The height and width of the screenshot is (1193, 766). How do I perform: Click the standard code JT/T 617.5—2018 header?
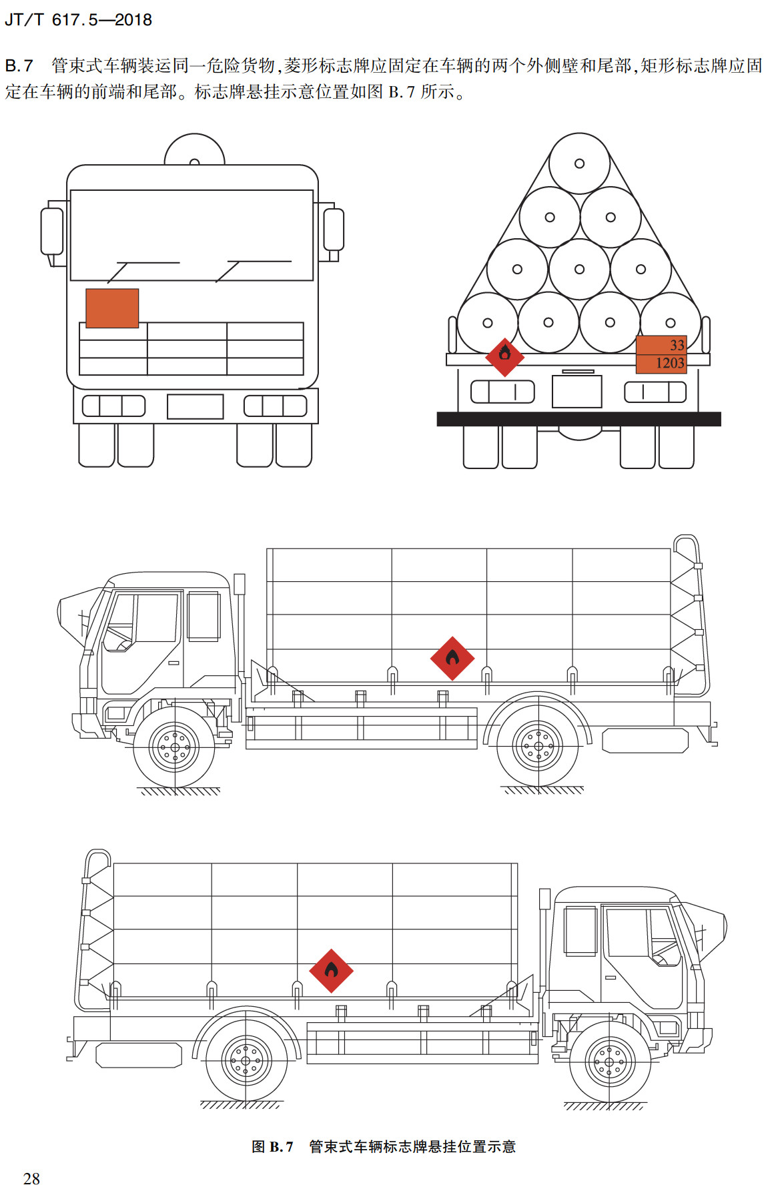tap(78, 19)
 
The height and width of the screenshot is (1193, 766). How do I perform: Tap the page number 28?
tap(31, 1178)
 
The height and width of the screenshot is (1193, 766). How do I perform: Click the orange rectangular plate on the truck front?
tap(112, 308)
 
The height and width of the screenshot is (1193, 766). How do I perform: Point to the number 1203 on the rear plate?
tap(669, 364)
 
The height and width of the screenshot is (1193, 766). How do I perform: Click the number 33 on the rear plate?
tap(677, 345)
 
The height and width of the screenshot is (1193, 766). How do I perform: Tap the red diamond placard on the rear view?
tap(504, 356)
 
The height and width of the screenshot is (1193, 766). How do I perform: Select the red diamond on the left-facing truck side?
tap(452, 659)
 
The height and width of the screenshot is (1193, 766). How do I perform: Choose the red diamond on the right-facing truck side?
tap(331, 971)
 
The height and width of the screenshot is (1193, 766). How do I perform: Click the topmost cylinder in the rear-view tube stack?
tap(579, 163)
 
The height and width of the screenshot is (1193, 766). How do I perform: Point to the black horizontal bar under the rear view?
tap(579, 419)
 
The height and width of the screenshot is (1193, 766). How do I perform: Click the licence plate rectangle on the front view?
tap(195, 406)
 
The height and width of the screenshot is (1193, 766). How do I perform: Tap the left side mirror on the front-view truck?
tap(52, 231)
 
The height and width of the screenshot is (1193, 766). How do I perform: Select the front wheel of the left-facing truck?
tap(175, 748)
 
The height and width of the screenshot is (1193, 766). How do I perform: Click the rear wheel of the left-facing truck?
tap(538, 746)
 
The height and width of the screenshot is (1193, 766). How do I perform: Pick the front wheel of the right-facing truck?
tap(609, 1062)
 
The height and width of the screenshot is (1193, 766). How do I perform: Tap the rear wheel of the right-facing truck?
tap(246, 1061)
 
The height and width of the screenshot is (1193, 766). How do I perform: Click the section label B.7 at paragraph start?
tap(19, 65)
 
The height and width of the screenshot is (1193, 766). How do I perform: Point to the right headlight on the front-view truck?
tap(275, 406)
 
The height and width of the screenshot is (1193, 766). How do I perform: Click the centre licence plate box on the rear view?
tap(577, 392)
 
